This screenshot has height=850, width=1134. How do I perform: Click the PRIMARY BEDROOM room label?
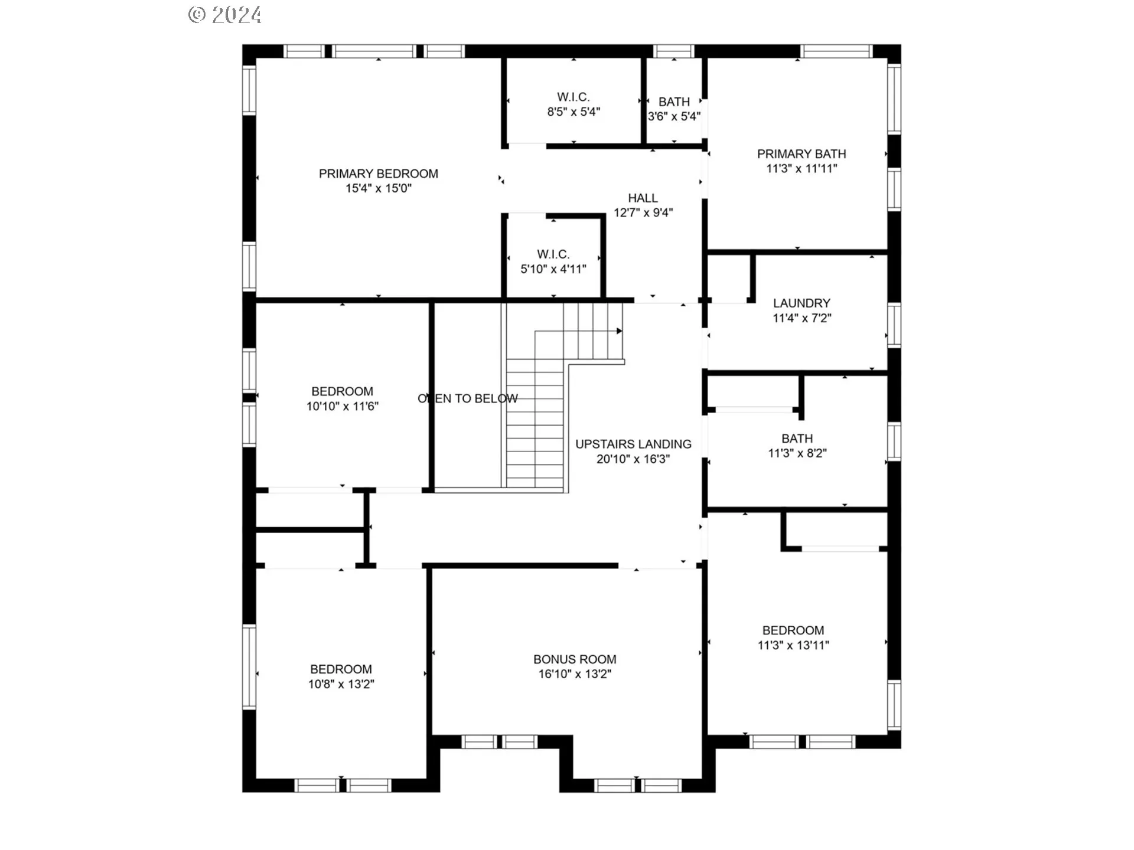point(379,174)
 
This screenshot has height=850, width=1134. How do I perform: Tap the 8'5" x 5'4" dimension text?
point(573,112)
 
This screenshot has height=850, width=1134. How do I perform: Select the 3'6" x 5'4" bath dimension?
point(674,116)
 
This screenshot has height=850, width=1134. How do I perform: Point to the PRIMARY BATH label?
point(801,153)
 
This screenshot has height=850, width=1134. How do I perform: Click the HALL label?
point(643,198)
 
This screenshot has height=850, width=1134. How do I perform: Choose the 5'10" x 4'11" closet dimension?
point(553,269)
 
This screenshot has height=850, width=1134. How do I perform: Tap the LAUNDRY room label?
point(801,303)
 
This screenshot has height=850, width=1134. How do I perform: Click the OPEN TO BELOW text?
point(468,398)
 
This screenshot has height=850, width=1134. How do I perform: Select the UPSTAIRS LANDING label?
point(633,444)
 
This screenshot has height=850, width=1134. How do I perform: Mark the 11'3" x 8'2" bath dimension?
point(797,453)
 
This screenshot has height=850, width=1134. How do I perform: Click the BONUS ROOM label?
point(575,659)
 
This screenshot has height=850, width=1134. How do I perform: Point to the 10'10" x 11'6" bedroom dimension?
point(342,406)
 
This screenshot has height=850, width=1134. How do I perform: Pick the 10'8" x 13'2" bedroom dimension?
point(341,684)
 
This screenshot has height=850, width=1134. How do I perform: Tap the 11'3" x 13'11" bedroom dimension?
point(793,645)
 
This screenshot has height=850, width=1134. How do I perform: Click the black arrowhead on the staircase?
point(620,331)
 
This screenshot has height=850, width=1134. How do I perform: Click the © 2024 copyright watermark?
point(225,15)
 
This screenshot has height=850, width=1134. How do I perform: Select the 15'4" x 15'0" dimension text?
point(379,188)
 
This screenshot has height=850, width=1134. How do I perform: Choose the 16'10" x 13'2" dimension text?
point(575,674)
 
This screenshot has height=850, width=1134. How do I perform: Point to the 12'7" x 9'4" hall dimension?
point(643,212)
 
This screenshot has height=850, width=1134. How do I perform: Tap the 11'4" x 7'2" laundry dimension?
point(802,318)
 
